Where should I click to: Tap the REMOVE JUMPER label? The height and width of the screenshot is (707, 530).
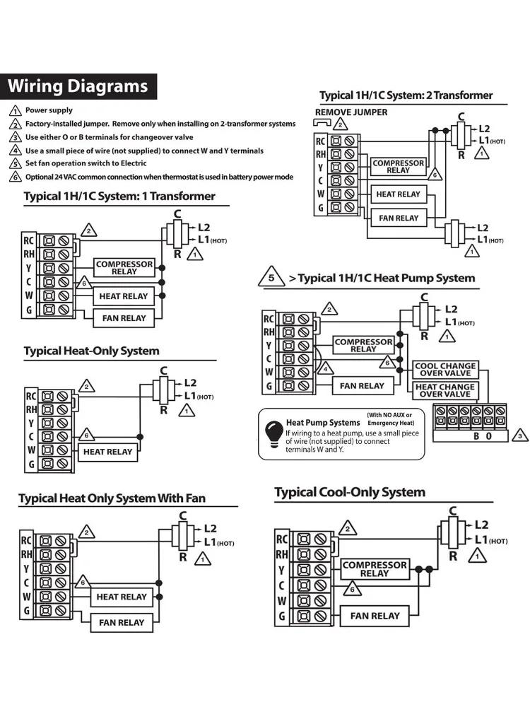[x=351, y=112]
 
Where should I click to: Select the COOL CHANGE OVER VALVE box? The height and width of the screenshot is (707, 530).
[x=445, y=370]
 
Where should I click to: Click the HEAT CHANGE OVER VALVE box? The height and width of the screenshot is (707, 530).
[x=445, y=390]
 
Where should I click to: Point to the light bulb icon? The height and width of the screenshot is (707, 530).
[x=272, y=431]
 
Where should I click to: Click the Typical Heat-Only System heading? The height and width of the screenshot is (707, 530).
[x=92, y=351]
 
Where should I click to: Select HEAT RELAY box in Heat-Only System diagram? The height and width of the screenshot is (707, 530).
[x=108, y=451]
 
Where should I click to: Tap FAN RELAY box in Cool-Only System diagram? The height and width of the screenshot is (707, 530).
[x=375, y=616]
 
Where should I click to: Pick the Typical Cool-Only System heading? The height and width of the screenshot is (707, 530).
[x=350, y=492]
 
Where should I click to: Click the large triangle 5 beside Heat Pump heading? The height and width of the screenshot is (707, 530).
[x=271, y=277]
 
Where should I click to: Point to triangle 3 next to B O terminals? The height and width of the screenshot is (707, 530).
[x=519, y=436]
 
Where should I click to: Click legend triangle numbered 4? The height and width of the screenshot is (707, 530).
[x=15, y=151]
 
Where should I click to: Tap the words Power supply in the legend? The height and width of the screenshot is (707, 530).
[x=49, y=110]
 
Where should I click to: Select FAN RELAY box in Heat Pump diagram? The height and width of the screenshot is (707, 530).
[x=362, y=386]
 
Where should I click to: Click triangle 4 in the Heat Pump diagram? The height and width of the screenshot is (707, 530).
[x=324, y=369]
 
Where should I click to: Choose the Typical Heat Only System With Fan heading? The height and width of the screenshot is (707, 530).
[x=112, y=498]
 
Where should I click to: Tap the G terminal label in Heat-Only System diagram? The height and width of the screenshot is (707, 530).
[x=30, y=464]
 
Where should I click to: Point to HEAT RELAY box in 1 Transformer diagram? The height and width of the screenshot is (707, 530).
[x=124, y=296]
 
